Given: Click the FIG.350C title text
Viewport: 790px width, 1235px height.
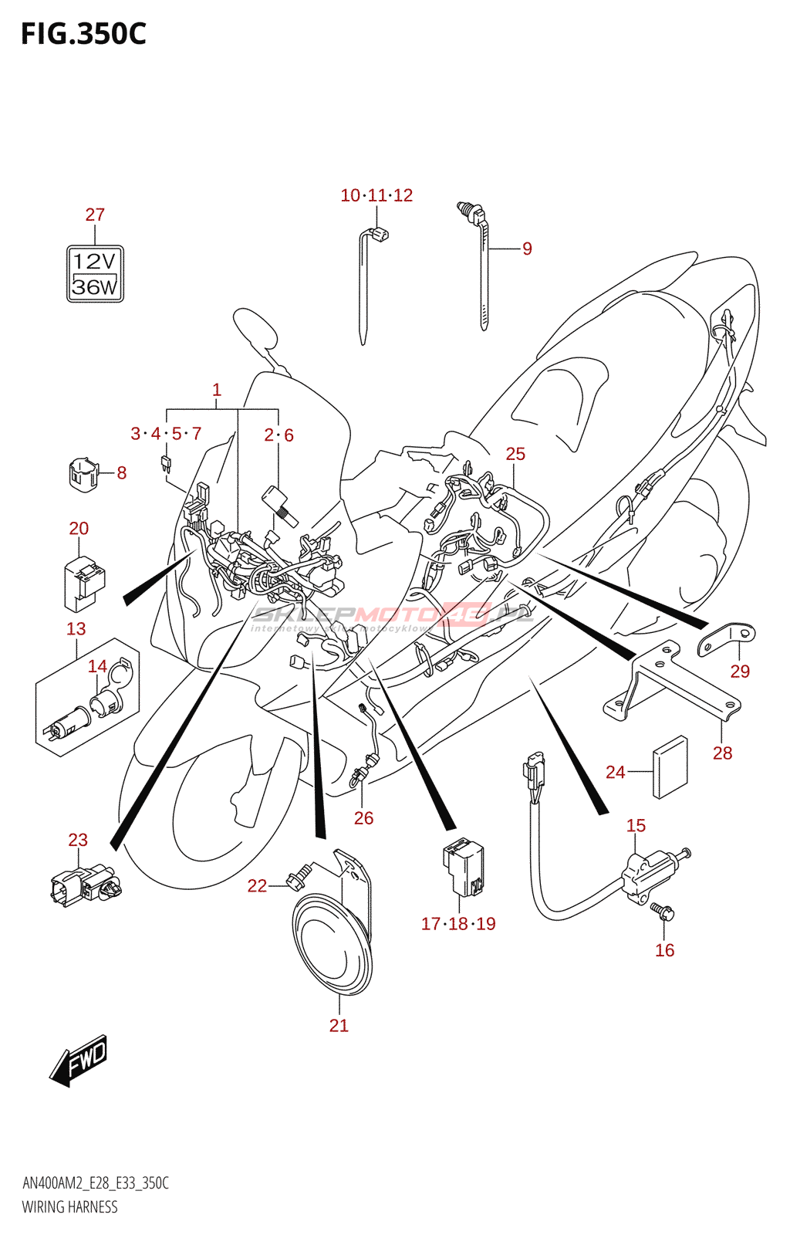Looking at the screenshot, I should [83, 34].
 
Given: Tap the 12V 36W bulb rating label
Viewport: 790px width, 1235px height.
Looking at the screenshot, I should [95, 273].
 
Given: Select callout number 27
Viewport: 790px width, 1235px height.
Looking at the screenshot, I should [95, 215].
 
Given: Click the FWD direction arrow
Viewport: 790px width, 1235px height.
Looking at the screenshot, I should [79, 1061].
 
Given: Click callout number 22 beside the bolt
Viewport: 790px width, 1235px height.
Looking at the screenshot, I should [257, 885].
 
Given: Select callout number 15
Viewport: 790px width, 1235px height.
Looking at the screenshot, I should [636, 825].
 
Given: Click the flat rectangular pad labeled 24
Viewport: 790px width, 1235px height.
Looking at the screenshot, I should [670, 766].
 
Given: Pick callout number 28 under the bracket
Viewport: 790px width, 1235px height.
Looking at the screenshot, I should [722, 753].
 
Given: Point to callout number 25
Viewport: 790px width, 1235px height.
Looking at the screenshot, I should [515, 454].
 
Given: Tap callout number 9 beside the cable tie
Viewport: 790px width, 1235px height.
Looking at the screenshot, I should [527, 249].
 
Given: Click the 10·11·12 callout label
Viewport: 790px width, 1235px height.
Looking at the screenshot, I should [376, 195].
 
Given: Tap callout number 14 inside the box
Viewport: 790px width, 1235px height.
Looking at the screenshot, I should [97, 666].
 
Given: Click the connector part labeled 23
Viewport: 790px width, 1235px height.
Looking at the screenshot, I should [85, 885].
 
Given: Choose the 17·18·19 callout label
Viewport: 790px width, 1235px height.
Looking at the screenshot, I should [458, 923].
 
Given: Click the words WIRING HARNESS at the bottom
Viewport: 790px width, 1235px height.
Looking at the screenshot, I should [69, 1206].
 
